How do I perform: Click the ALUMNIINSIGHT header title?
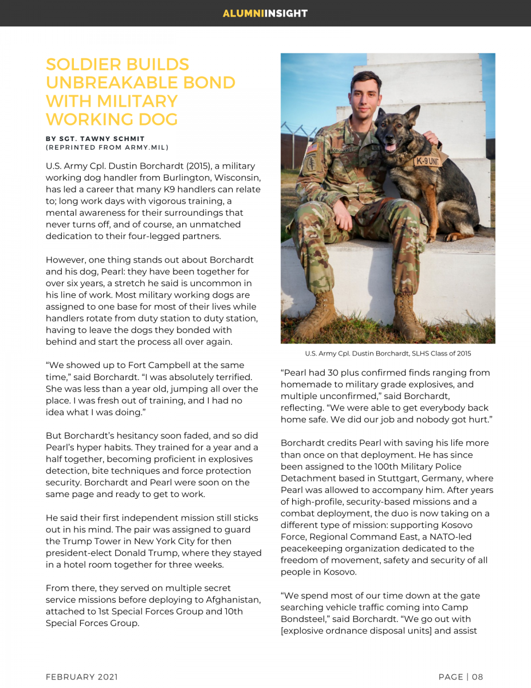(265, 13)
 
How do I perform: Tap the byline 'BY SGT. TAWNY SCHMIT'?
(95, 139)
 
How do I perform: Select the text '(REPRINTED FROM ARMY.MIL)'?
(107, 147)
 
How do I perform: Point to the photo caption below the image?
(388, 353)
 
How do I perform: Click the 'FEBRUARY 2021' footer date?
(82, 677)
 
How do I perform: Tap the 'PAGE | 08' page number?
(461, 677)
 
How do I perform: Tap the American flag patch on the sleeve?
(312, 147)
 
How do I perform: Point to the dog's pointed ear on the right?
(411, 114)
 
